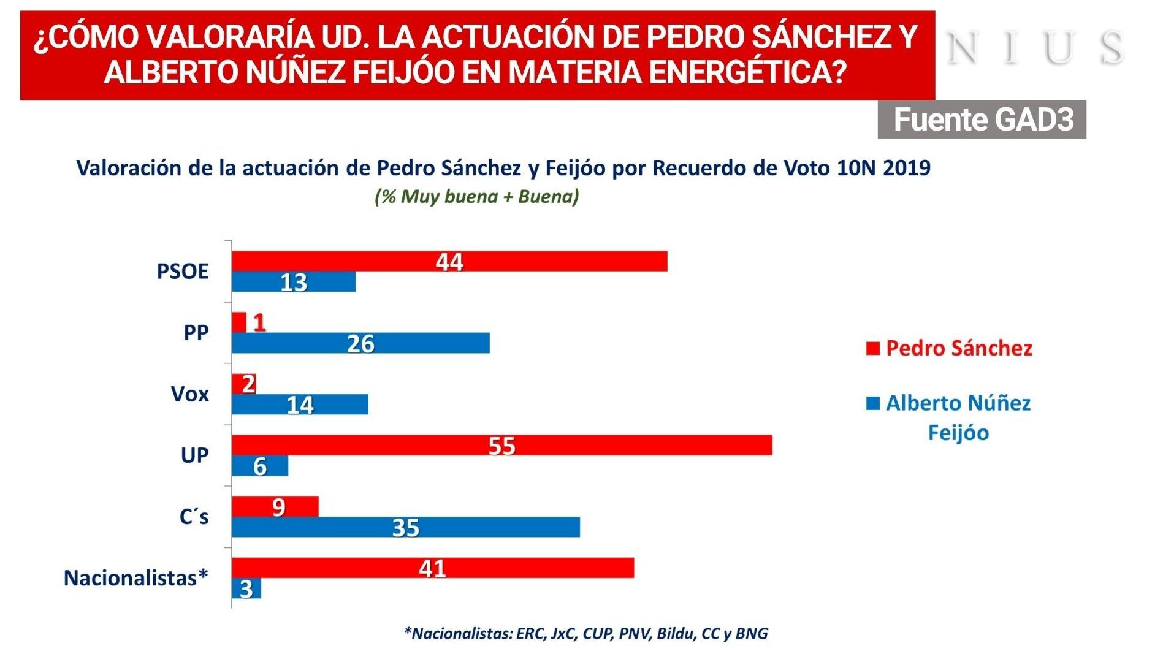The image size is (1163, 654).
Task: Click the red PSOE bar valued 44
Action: [449, 261]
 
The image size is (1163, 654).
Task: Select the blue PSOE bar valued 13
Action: [293, 282]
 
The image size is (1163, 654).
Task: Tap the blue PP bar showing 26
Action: [360, 343]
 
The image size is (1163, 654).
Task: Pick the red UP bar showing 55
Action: [501, 446]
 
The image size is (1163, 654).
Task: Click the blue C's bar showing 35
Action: [405, 527]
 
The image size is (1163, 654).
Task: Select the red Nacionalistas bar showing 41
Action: [432, 568]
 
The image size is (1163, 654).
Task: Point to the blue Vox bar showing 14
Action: [300, 405]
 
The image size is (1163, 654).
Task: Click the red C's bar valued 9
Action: [275, 507]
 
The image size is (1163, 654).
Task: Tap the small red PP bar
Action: [239, 322]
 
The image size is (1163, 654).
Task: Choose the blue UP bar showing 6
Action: [259, 466]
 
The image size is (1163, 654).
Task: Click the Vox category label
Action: [189, 394]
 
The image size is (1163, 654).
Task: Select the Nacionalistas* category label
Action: [136, 578]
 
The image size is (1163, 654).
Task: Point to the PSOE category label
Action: [182, 272]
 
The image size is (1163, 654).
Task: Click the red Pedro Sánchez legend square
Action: [872, 349]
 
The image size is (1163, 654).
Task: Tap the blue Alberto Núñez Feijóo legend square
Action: [872, 403]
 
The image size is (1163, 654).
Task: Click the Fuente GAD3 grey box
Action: [982, 120]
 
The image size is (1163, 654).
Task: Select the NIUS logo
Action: [1035, 48]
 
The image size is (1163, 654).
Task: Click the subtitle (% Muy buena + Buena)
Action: [477, 197]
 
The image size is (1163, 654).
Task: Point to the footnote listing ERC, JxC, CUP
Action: [585, 633]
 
